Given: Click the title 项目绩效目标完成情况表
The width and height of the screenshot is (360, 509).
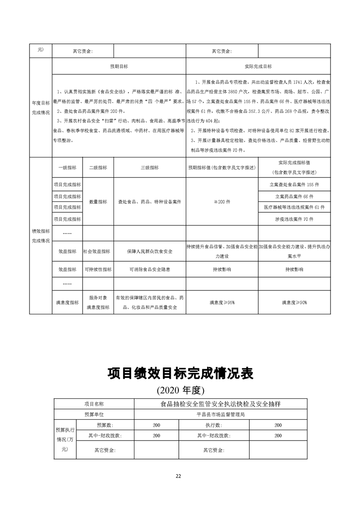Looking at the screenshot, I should point(180,374).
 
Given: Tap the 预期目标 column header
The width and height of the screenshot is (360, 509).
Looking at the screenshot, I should point(119,66).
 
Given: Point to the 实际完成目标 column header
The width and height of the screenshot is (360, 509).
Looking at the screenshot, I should point(258,66).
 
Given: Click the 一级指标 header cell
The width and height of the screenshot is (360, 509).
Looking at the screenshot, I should point(67,167).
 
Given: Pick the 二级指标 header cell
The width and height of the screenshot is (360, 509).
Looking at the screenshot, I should point(98,167).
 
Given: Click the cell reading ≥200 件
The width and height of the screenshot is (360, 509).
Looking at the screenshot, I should point(222,201).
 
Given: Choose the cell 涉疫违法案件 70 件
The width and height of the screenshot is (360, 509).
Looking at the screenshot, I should point(294,219).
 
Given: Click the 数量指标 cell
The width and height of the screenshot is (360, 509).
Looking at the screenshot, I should point(98,201).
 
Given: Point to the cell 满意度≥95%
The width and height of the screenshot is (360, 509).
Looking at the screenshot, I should point(222,302).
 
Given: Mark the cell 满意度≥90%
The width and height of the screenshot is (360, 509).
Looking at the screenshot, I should point(294,302).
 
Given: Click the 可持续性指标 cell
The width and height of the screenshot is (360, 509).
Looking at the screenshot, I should point(98,269).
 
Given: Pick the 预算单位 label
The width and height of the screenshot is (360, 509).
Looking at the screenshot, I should point(94,414).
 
